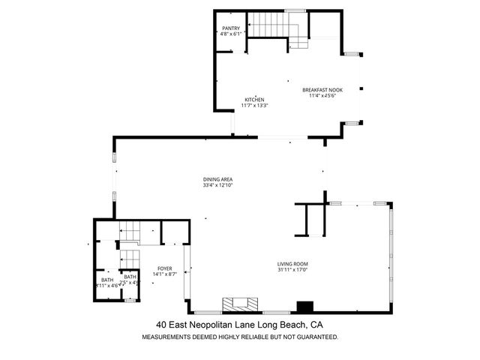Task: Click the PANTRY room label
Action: click(x=230, y=28)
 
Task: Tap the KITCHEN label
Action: click(x=254, y=100)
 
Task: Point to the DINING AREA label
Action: click(x=217, y=179)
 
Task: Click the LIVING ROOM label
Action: click(x=293, y=264)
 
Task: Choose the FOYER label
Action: click(x=165, y=268)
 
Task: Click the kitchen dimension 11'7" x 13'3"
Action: click(x=254, y=106)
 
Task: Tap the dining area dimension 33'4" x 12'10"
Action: click(x=217, y=185)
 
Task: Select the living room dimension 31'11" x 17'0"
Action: click(x=293, y=270)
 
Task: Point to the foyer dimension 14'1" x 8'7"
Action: click(x=165, y=274)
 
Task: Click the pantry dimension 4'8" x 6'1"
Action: click(x=230, y=34)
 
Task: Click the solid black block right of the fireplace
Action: click(x=304, y=306)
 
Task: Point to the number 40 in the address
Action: click(x=160, y=325)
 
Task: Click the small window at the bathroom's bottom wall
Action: click(x=129, y=300)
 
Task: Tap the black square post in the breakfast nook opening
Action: click(x=361, y=88)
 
